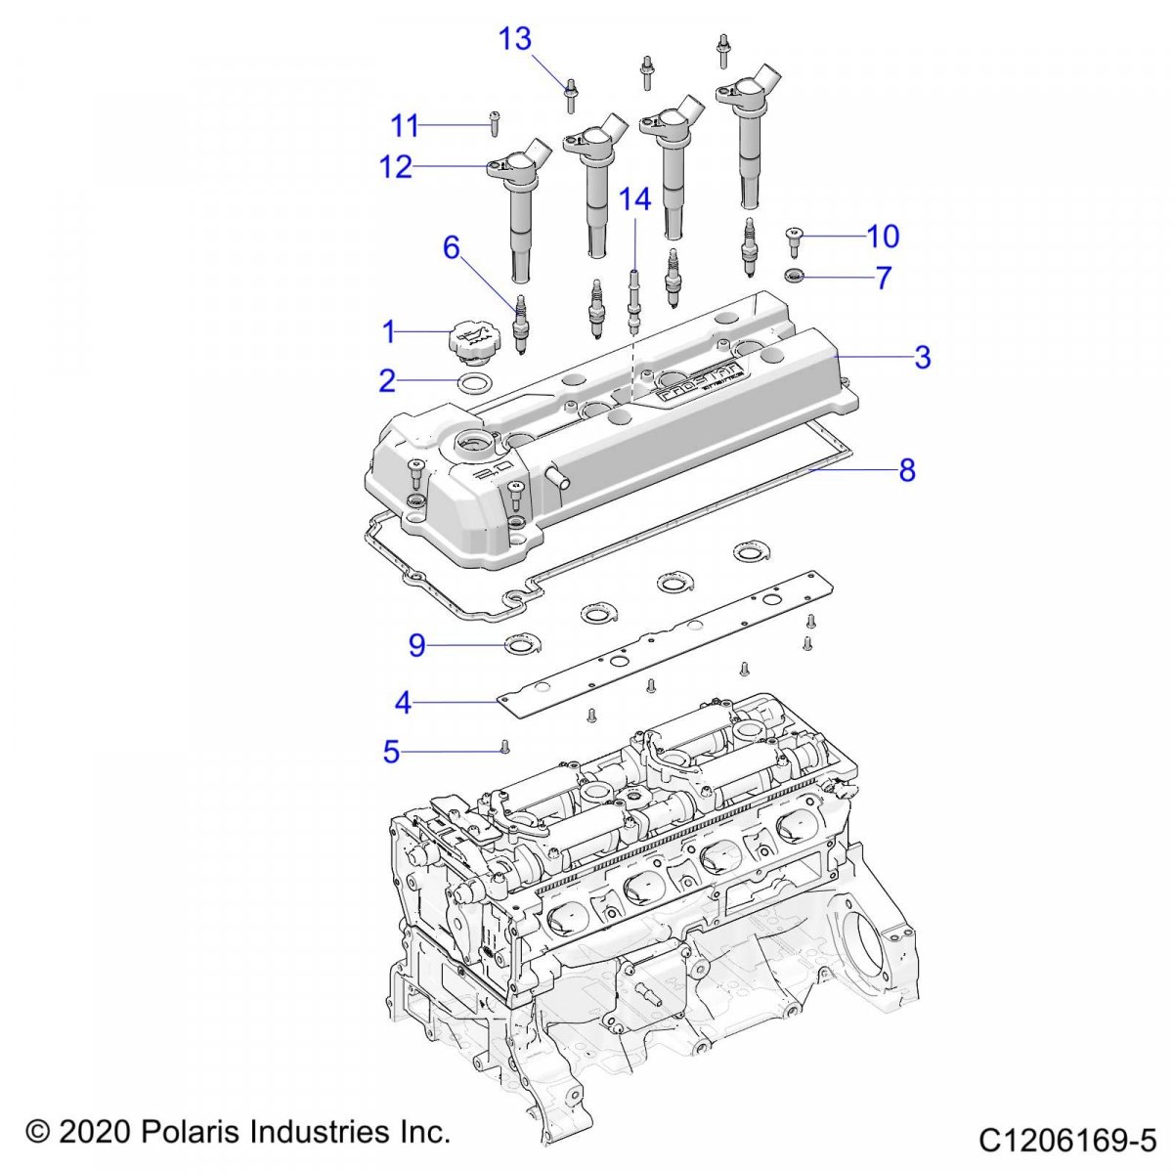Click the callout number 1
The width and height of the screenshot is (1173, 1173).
pyautogui.click(x=389, y=332)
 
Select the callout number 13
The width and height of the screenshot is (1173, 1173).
pyautogui.click(x=515, y=39)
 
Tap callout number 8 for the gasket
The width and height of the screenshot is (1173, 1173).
pyautogui.click(x=907, y=470)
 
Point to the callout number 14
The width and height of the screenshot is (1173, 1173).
pyautogui.click(x=634, y=199)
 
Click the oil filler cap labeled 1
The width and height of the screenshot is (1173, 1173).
pyautogui.click(x=471, y=343)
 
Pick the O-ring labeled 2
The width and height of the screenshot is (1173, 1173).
pyautogui.click(x=473, y=382)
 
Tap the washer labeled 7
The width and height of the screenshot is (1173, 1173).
pyautogui.click(x=796, y=277)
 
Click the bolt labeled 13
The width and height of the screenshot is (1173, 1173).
pyautogui.click(x=570, y=96)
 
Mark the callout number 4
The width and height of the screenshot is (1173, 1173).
pyautogui.click(x=403, y=702)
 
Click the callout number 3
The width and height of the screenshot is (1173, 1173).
pyautogui.click(x=922, y=357)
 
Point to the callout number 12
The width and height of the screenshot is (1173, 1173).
pyautogui.click(x=396, y=167)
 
